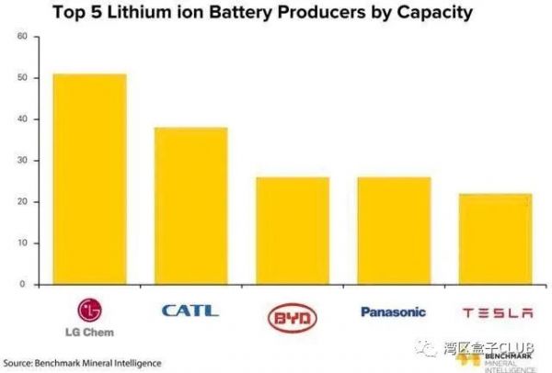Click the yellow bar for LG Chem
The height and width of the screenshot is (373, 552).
(x=89, y=179)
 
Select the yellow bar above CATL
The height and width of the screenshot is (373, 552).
(x=190, y=206)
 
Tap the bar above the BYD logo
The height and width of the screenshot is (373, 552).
(x=292, y=231)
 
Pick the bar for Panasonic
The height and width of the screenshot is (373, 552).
(x=393, y=231)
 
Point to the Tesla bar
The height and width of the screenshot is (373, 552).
(x=494, y=239)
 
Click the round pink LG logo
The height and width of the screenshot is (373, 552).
(x=89, y=309)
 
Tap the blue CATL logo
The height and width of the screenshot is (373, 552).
(x=190, y=311)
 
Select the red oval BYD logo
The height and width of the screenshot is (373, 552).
(x=292, y=317)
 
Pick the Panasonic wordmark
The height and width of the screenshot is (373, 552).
(x=393, y=311)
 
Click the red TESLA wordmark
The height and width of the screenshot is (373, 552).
(x=497, y=312)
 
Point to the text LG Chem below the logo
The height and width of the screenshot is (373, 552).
(x=90, y=331)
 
